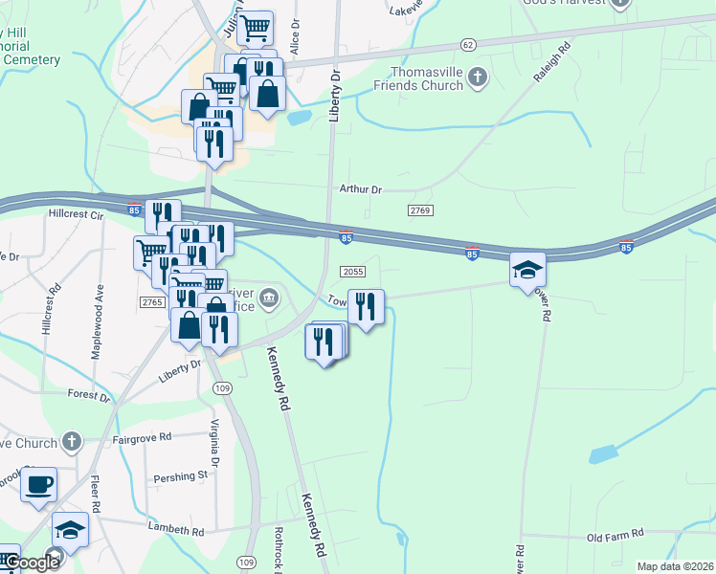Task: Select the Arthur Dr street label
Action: point(360,189)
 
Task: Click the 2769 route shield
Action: point(420,210)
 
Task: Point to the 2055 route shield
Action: point(352,272)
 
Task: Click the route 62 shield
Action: point(467,45)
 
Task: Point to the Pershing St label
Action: point(181,475)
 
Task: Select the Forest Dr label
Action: point(90,393)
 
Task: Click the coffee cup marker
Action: point(38,483)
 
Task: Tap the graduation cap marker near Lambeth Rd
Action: point(70,528)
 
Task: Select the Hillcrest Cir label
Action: point(75,215)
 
